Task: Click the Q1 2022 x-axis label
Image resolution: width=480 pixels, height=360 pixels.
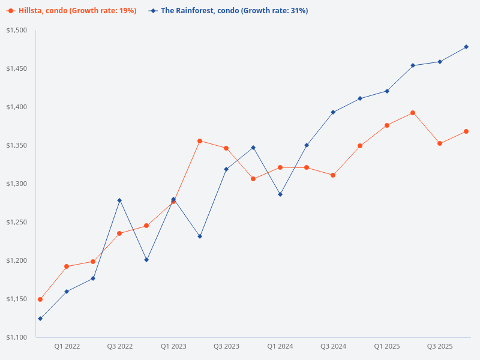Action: [x=67, y=347]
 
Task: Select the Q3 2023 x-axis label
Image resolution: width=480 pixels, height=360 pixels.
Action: [x=227, y=347]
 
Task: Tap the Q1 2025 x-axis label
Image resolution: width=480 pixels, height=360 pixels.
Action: [x=387, y=347]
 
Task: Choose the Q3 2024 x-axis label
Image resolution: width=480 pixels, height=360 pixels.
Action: [x=334, y=347]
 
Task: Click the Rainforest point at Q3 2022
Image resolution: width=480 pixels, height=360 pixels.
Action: [x=119, y=200]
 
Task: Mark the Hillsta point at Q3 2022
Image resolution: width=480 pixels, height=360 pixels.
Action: [x=119, y=233]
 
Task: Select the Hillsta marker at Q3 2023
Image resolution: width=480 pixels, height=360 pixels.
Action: [x=226, y=148]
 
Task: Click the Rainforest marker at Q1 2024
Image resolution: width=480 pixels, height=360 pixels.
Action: [x=280, y=194]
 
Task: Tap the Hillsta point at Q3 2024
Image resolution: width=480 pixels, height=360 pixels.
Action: [x=333, y=175]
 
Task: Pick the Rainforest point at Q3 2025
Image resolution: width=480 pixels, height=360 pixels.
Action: [x=440, y=62]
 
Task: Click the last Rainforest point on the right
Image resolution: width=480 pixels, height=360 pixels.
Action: [x=466, y=47]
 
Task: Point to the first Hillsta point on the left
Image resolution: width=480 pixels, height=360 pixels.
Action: [x=40, y=299]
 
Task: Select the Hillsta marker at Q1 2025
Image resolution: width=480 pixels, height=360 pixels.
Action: [x=387, y=125]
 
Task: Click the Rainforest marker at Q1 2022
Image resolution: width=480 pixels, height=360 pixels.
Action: [x=67, y=292]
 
